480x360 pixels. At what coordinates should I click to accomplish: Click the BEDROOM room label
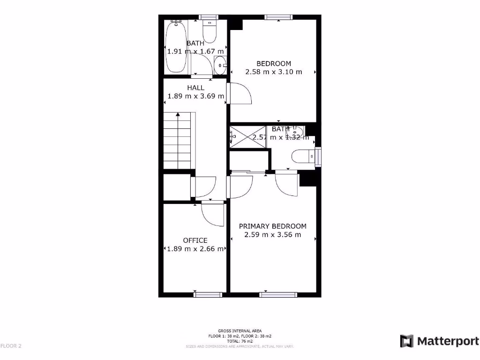[x=273, y=63]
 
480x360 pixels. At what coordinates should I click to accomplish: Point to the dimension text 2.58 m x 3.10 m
[x=273, y=72]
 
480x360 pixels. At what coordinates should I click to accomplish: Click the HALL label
[x=195, y=88]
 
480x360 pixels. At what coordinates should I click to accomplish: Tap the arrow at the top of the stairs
[x=178, y=114]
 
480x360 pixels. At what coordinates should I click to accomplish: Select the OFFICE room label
[x=195, y=240]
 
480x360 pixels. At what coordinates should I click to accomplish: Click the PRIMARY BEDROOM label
[x=272, y=226]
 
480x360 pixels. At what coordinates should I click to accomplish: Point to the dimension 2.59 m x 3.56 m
[x=272, y=235]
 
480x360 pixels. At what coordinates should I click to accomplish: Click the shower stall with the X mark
[x=247, y=136]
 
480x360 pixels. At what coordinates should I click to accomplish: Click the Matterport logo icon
[x=406, y=341]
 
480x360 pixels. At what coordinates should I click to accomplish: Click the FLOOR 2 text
[x=11, y=346]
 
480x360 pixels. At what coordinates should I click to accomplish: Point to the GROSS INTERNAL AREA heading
[x=240, y=331]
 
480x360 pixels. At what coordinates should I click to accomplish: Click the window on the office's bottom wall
[x=208, y=294]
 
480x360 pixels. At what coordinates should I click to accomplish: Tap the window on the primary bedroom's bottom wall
[x=278, y=294]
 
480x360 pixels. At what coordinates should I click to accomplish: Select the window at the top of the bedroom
[x=278, y=17]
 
